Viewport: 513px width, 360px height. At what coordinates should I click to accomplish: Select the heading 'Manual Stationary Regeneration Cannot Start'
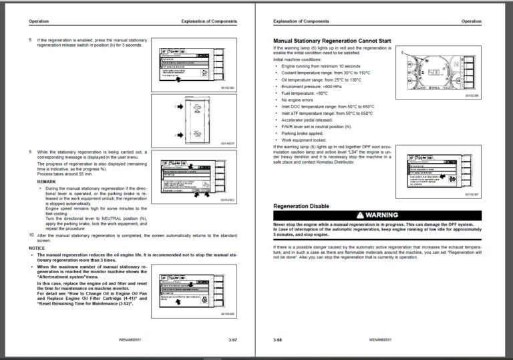pyautogui.click(x=332, y=41)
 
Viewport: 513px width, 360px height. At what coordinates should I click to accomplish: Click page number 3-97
pyautogui.click(x=232, y=340)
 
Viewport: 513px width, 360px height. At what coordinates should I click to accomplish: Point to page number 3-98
pyautogui.click(x=278, y=340)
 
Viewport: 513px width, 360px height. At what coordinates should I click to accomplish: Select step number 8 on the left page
pyautogui.click(x=31, y=40)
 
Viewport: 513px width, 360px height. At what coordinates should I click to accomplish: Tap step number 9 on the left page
pyautogui.click(x=31, y=153)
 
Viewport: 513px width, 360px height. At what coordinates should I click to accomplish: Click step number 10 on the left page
pyautogui.click(x=31, y=235)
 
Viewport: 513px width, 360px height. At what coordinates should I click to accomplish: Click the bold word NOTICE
pyautogui.click(x=37, y=248)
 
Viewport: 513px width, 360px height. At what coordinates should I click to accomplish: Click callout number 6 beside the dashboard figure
pyautogui.click(x=403, y=51)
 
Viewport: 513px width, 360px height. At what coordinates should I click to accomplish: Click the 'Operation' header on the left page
pyautogui.click(x=39, y=21)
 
